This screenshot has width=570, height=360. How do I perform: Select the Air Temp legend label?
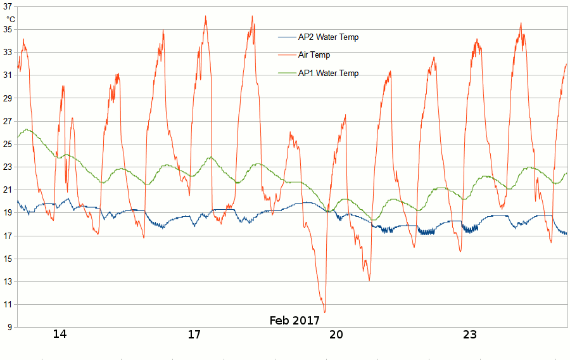click(314, 55)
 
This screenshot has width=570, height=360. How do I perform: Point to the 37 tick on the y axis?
click(8, 6)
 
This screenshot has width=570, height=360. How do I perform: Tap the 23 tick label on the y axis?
click(8, 167)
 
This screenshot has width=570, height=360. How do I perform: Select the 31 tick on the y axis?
click(8, 75)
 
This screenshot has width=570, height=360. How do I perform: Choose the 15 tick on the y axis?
click(8, 259)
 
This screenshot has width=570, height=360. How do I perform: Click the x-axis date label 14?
click(60, 335)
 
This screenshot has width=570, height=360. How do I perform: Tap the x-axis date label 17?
click(194, 335)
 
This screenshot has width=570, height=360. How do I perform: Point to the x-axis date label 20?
click(336, 335)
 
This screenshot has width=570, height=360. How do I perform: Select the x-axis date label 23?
click(469, 335)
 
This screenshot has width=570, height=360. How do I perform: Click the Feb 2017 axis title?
click(294, 320)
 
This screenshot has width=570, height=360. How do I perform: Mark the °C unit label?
click(11, 19)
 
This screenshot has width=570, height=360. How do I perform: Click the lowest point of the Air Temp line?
click(325, 312)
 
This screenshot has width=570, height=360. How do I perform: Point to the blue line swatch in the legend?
click(287, 37)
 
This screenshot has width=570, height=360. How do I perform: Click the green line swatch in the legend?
click(287, 74)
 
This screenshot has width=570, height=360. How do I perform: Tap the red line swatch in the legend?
click(287, 55)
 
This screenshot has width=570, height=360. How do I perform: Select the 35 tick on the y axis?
click(8, 29)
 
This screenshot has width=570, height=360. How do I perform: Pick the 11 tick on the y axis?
click(8, 304)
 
